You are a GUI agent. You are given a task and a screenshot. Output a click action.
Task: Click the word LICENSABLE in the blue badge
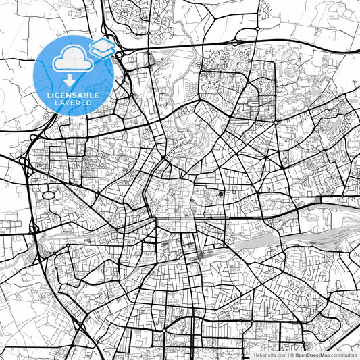tap(73, 95)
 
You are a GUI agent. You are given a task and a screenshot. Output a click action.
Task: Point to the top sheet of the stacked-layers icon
tap(102, 45)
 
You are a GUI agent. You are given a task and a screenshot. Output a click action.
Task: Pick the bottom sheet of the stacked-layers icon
tap(103, 53)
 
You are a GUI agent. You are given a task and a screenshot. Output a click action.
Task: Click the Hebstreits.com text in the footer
tap(269, 355)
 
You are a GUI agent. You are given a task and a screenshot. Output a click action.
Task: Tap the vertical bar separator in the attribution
tap(288, 355)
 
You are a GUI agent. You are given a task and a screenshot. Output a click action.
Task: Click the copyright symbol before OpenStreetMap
tap(293, 355)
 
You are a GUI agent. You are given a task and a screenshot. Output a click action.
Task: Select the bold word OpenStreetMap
tap(313, 355)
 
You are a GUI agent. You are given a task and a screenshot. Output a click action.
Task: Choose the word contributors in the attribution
tap(344, 355)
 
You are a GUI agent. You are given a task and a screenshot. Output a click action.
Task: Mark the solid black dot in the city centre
tap(221, 194)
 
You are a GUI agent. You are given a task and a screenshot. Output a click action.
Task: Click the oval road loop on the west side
tap(49, 195)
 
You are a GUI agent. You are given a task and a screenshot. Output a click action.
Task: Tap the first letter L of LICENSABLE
tap(48, 95)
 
